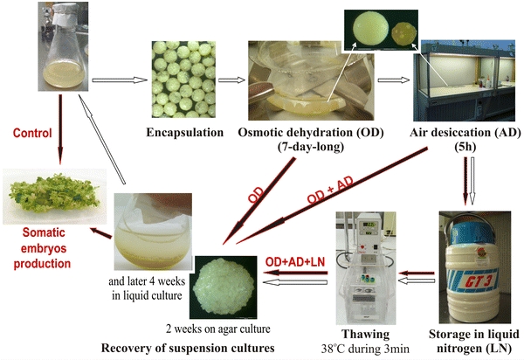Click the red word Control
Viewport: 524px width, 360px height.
(x=35, y=135)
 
